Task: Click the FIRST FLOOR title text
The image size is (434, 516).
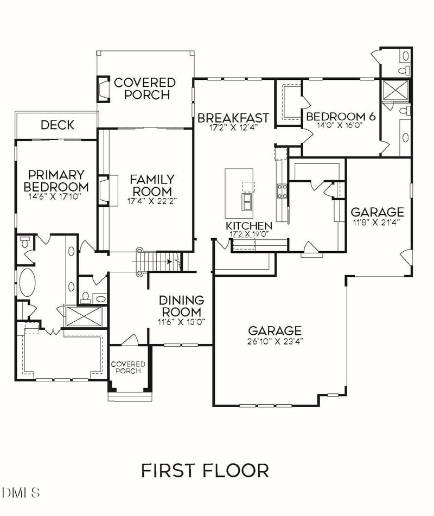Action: pos(205,470)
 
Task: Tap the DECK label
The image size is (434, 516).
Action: pos(58,125)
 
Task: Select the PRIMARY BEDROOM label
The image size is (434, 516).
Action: pos(56,181)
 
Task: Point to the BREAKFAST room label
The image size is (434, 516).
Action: pos(233,118)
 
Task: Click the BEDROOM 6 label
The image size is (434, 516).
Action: pos(341,116)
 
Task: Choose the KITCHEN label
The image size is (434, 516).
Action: pos(249,226)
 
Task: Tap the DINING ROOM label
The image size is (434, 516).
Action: pos(181,306)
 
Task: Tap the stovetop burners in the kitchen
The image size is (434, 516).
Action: pos(282,190)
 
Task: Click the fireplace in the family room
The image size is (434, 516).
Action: pos(107,190)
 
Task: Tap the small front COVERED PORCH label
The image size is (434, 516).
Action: pos(128,367)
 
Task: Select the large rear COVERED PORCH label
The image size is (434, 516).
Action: pos(145,88)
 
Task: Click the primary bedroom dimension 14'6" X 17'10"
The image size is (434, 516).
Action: pos(56,197)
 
